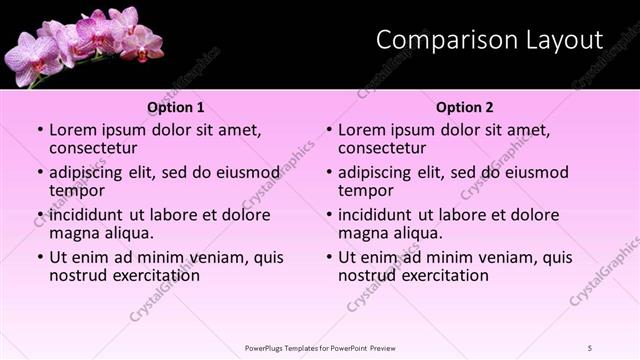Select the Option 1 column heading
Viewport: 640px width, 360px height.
click(x=176, y=107)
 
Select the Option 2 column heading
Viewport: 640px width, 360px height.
click(x=465, y=107)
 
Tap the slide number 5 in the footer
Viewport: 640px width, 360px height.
click(x=591, y=347)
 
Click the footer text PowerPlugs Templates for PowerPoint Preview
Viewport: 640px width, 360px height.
click(x=320, y=347)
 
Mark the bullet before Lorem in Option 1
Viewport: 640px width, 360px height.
click(x=40, y=130)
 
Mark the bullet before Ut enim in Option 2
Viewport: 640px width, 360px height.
click(x=329, y=257)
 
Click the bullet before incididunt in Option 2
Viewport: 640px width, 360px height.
click(x=329, y=215)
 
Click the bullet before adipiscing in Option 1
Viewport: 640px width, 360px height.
click(x=40, y=172)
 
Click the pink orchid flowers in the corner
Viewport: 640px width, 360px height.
click(x=80, y=42)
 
